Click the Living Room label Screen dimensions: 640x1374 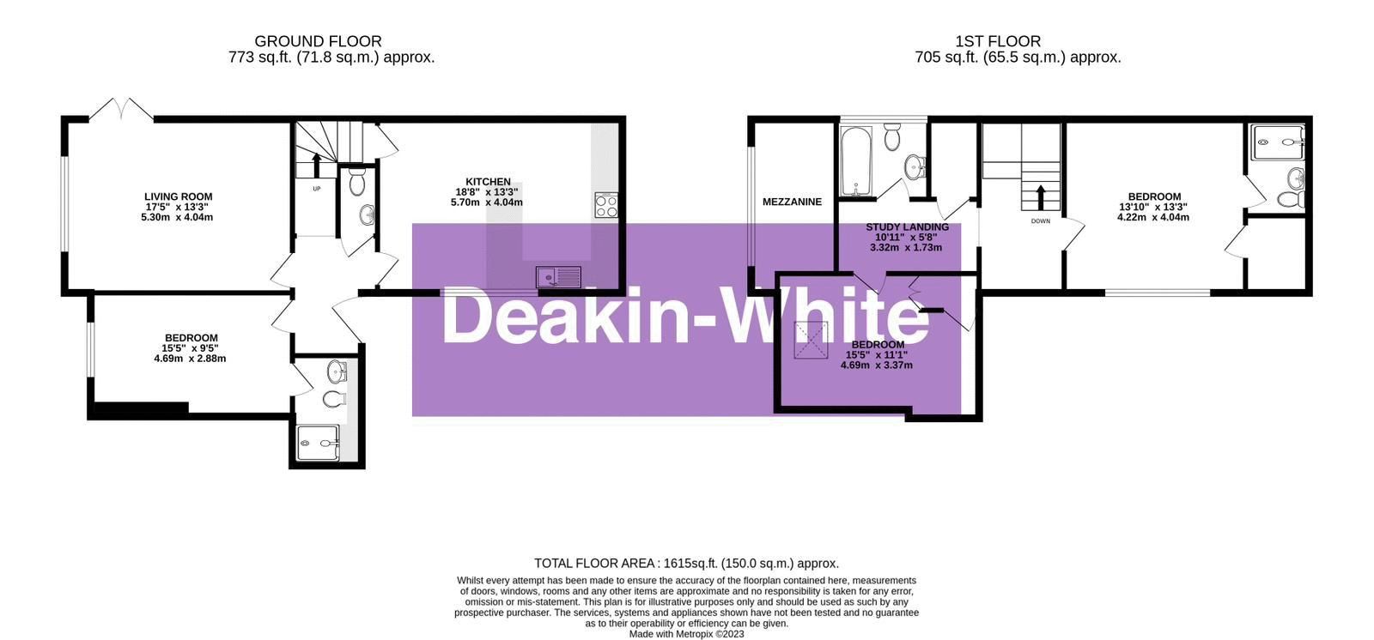tap(178, 197)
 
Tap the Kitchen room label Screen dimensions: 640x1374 tap(488, 182)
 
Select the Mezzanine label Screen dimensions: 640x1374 tap(792, 202)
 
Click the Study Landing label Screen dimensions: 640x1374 tap(907, 227)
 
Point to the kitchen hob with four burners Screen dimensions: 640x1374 tap(605, 205)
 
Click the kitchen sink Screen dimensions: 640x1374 tap(558, 276)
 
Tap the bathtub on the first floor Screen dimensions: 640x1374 tap(855, 161)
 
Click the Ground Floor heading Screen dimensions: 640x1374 tap(318, 41)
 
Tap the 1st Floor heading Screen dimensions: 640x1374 tap(998, 41)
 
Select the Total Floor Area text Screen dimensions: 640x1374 tap(686, 564)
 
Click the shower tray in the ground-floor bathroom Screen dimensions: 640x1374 tap(317, 443)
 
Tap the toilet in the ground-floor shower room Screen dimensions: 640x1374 tap(334, 399)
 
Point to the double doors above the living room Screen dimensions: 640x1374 tap(122, 110)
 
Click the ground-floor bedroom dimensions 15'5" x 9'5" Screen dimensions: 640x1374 tap(191, 348)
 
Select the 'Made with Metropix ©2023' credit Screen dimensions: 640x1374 tap(686, 635)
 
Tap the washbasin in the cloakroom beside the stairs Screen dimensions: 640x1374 tap(368, 214)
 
